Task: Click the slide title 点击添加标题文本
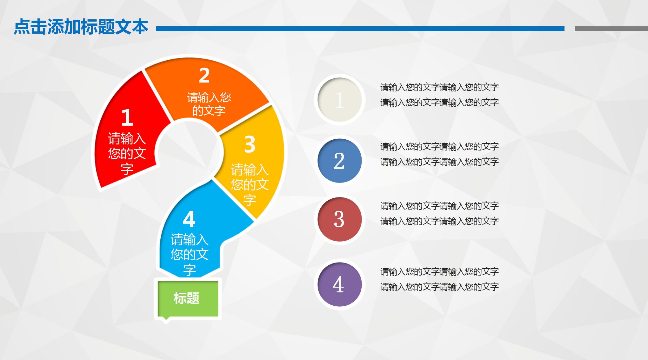(81, 27)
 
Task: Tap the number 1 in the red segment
(127, 117)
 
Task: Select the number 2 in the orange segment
(204, 76)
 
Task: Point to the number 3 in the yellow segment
(250, 144)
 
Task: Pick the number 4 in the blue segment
(189, 219)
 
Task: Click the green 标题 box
(187, 299)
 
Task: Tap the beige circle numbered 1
(339, 100)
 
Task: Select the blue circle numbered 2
(339, 161)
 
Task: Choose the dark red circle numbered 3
(339, 219)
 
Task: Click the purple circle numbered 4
(339, 284)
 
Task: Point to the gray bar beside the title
(611, 29)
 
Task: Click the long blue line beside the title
(360, 29)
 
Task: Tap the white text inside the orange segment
(209, 104)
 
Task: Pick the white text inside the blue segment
(190, 255)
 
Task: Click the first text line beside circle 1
(439, 87)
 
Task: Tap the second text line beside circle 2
(439, 162)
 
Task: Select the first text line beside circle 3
(439, 206)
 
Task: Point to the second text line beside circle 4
(439, 287)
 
